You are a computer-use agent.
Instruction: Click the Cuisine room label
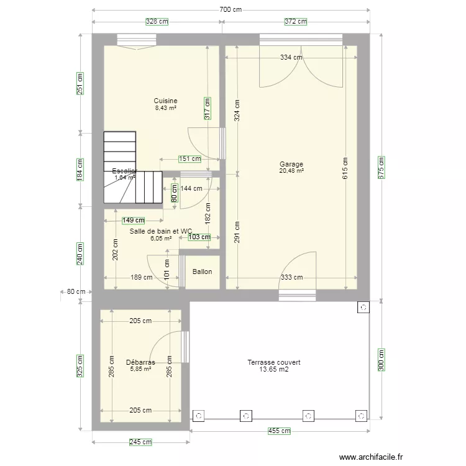166,101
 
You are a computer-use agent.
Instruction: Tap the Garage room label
291,165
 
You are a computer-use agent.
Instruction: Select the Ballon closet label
202,272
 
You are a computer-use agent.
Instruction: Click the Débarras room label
140,362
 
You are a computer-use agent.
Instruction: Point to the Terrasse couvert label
273,362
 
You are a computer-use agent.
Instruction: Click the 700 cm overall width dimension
231,9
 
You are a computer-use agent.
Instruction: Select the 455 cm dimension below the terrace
279,431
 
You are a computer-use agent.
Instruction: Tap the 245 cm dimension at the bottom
140,442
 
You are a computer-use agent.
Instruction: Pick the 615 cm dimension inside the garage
345,168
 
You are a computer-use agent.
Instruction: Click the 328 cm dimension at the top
157,21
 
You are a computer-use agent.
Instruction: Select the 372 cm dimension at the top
296,21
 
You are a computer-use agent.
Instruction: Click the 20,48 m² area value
291,171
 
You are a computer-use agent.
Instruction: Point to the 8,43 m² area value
166,107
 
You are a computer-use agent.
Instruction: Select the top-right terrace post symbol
362,306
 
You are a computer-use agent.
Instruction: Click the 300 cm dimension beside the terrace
381,360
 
